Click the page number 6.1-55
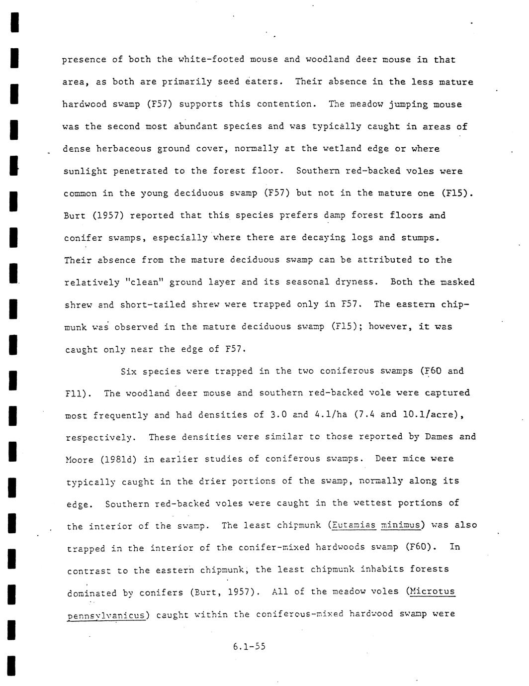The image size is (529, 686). pyautogui.click(x=249, y=647)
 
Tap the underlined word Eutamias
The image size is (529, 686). pyautogui.click(x=353, y=525)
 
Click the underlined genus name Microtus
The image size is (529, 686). pyautogui.click(x=432, y=591)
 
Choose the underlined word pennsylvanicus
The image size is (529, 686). pyautogui.click(x=106, y=615)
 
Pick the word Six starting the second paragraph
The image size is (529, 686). pyautogui.click(x=129, y=372)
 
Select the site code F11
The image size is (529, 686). pyautogui.click(x=76, y=394)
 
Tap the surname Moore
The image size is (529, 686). pyautogui.click(x=80, y=460)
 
